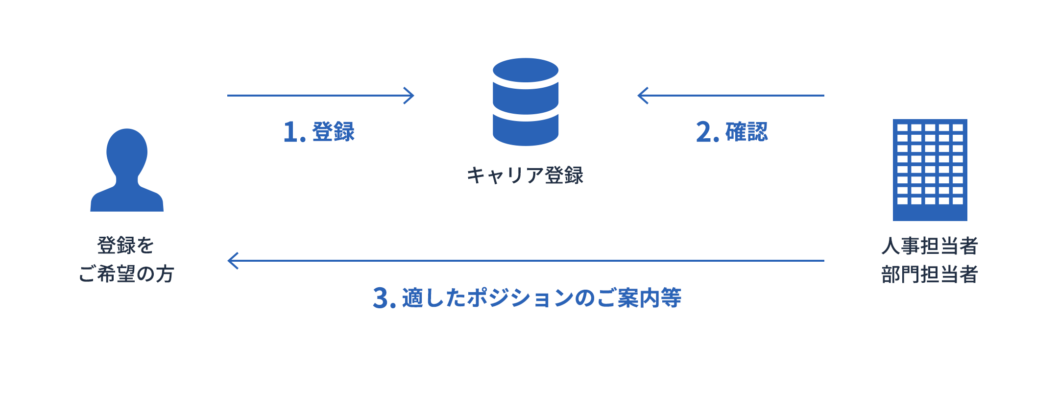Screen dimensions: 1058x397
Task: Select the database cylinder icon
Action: [x=526, y=102]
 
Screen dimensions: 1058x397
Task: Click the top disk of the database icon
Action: [x=526, y=71]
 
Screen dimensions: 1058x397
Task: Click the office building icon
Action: [x=930, y=170]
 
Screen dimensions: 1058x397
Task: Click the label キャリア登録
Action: [x=525, y=175]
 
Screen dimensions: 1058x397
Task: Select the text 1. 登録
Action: [x=319, y=132]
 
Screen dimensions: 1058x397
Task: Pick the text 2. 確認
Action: [x=732, y=132]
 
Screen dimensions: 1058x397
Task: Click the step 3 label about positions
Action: [x=527, y=298]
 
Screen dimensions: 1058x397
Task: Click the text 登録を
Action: [x=126, y=246]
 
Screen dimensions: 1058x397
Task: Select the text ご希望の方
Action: [x=126, y=274]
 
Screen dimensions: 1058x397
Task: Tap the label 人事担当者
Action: [x=930, y=246]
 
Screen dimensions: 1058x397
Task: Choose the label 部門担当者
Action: [x=930, y=274]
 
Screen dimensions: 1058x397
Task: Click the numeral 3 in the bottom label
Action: [x=381, y=298]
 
